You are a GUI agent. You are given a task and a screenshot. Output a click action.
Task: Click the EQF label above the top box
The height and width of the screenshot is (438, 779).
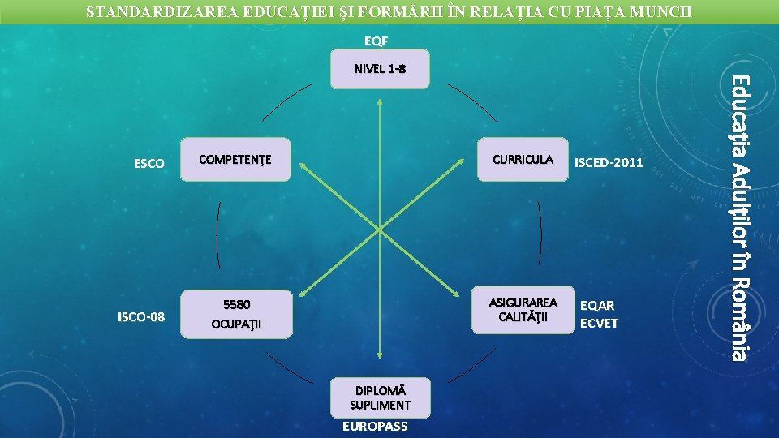click(x=376, y=41)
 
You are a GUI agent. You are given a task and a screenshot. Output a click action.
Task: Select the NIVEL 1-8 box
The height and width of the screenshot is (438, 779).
click(x=380, y=69)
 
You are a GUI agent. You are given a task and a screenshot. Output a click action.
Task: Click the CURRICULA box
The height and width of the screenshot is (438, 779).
click(x=523, y=159)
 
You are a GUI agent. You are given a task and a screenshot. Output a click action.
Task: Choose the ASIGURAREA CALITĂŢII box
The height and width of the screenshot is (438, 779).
click(x=523, y=309)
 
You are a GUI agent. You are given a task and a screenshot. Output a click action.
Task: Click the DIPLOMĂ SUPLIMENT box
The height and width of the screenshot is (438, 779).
click(x=380, y=397)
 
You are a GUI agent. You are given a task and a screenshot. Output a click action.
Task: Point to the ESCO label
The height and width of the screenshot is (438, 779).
click(x=148, y=164)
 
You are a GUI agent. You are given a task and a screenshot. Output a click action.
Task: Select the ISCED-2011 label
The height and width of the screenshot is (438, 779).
click(x=609, y=163)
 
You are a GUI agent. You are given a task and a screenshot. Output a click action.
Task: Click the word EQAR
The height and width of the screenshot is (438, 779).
click(x=598, y=306)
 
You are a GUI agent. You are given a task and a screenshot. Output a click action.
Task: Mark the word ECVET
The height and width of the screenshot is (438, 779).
click(x=600, y=323)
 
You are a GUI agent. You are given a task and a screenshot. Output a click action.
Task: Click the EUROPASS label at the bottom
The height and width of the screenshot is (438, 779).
click(x=376, y=427)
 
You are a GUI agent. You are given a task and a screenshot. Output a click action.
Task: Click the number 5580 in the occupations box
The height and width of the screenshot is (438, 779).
click(x=237, y=305)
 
